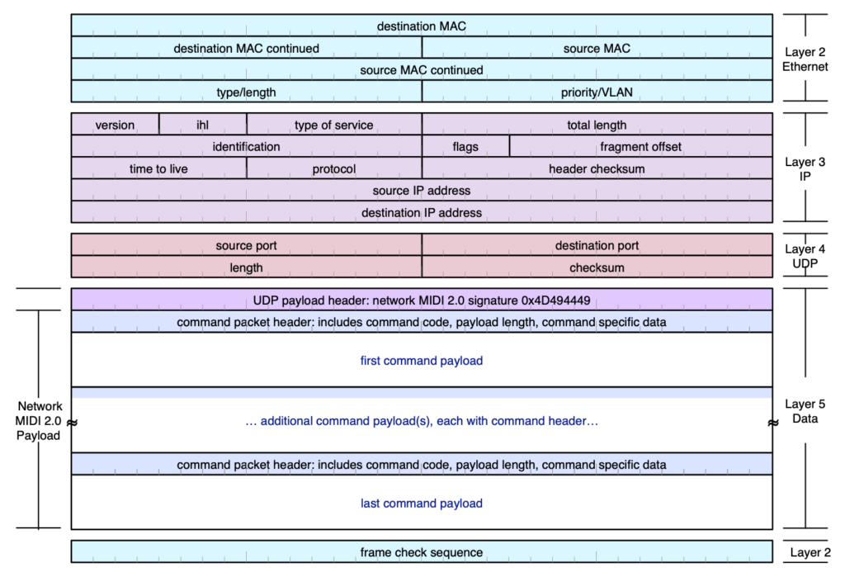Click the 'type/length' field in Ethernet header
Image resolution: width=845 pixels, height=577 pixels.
click(246, 92)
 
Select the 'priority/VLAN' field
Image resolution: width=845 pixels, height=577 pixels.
click(597, 92)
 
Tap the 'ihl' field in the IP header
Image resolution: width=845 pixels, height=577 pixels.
click(202, 125)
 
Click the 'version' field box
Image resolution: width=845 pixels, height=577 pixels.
click(115, 125)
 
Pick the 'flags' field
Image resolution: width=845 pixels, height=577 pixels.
click(465, 147)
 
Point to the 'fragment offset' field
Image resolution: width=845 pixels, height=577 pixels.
click(640, 147)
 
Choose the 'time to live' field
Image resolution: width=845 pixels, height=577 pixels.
click(158, 168)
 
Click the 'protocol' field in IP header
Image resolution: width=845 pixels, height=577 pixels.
click(333, 168)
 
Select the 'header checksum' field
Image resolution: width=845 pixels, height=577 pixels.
click(597, 168)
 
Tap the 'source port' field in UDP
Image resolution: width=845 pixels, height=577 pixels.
click(246, 245)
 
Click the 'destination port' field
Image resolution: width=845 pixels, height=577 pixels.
click(597, 245)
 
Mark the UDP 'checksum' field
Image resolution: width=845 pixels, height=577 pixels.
click(597, 267)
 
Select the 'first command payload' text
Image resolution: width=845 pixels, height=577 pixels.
click(421, 361)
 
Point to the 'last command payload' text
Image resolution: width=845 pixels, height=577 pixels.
click(421, 504)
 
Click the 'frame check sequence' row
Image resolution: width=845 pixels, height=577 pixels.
click(421, 552)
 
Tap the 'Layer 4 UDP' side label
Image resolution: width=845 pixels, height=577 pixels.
click(805, 255)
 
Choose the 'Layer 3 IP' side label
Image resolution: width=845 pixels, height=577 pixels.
click(805, 169)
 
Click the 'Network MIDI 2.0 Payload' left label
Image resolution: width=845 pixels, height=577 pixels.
click(40, 421)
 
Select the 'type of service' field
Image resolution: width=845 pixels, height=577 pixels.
click(333, 125)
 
